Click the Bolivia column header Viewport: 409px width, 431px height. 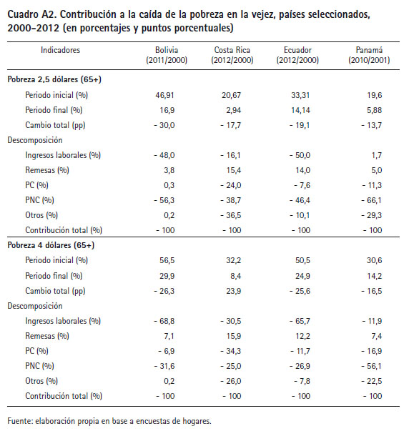167,55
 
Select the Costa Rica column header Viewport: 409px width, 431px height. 232,55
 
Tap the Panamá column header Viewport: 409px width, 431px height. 369,55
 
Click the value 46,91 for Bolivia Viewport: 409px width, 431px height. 164,95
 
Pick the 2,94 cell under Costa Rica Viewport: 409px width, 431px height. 232,110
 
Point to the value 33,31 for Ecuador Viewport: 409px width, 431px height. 300,95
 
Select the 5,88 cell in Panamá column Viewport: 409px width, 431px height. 375,110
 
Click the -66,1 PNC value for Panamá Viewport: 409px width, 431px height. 372,200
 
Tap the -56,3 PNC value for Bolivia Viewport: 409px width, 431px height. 164,200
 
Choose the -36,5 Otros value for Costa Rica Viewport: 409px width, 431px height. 230,215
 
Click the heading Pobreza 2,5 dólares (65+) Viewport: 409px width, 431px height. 54,79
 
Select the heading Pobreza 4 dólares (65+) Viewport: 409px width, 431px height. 51,245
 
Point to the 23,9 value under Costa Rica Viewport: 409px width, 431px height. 234,291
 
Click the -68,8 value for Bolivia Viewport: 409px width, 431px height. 164,321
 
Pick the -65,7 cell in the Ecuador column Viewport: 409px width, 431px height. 300,321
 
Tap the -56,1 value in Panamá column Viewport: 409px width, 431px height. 372,366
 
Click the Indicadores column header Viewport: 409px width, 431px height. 60,50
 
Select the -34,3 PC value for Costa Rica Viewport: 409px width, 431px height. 230,351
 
